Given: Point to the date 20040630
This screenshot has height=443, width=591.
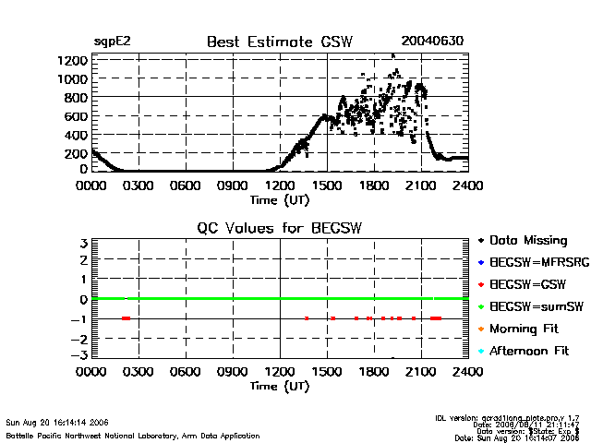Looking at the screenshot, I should click(431, 42).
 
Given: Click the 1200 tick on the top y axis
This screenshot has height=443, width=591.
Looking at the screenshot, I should click(76, 60).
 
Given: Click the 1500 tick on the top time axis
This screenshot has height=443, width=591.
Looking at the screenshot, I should click(327, 186).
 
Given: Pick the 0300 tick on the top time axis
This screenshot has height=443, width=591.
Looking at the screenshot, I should click(139, 186).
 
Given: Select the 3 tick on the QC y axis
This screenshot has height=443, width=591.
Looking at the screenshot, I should click(84, 244).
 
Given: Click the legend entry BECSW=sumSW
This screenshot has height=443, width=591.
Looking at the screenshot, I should click(534, 307).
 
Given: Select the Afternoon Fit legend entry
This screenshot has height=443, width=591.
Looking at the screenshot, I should click(532, 352).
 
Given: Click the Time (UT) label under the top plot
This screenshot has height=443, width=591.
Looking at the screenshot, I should click(280, 199).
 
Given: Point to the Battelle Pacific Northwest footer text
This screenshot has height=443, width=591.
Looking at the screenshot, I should click(132, 435).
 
